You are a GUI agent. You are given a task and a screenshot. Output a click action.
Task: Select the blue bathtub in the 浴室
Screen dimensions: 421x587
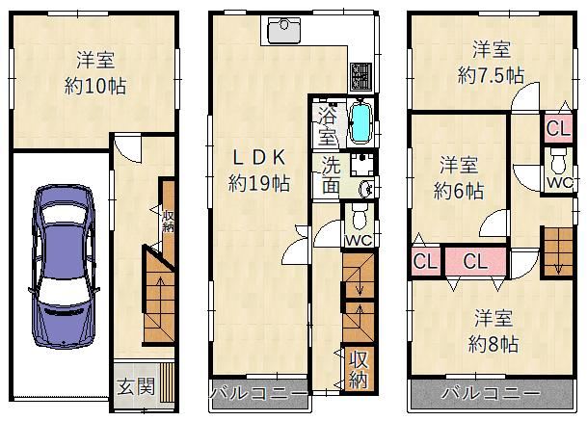click(360, 122)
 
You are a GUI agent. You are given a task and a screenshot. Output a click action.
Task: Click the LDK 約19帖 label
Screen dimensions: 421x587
click(258, 170)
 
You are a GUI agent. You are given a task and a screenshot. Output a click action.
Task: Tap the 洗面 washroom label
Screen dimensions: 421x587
click(330, 173)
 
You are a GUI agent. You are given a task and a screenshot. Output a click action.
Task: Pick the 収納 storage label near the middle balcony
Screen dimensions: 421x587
click(358, 369)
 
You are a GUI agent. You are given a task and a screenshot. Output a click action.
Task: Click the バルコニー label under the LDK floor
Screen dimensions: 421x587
click(258, 395)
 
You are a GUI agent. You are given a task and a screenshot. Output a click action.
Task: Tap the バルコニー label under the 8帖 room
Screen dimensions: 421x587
click(491, 394)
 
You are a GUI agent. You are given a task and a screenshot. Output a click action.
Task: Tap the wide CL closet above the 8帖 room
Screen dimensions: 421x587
click(473, 261)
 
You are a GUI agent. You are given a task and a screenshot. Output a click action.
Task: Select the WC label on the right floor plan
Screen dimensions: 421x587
click(557, 180)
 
